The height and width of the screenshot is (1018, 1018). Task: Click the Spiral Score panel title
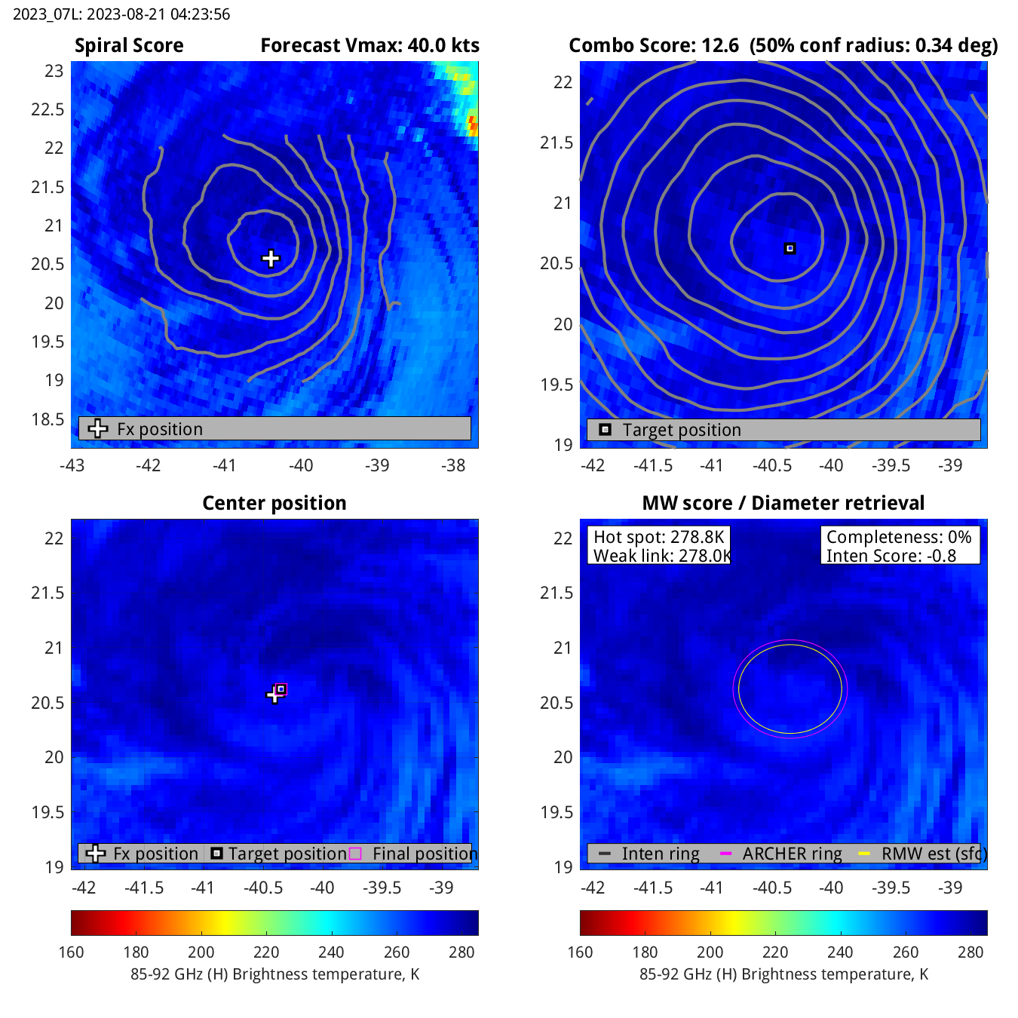coord(129,46)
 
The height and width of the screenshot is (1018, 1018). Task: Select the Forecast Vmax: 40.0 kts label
coord(369,46)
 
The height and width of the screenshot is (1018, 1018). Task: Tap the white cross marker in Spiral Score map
coord(271,259)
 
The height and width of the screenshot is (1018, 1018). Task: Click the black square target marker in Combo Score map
coord(790,248)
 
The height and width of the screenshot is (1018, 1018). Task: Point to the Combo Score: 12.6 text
coord(653,46)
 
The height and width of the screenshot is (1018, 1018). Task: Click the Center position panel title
coord(274,503)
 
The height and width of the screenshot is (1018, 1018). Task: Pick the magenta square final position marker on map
coord(281,689)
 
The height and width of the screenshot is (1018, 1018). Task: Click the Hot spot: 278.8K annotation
coord(658,537)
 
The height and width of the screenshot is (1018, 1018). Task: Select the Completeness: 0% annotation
coord(898,537)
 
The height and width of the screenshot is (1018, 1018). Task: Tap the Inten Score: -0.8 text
coord(891,556)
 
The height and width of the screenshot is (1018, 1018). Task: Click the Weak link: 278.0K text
coord(661,556)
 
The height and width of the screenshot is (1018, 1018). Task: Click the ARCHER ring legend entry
coord(792,854)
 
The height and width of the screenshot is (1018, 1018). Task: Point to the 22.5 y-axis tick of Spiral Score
coord(48,109)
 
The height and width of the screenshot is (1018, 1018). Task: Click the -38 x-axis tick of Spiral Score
coord(453,465)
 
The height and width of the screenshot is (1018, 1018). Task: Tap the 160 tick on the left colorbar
coord(71,952)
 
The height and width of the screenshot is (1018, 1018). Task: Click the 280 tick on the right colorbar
coord(971,952)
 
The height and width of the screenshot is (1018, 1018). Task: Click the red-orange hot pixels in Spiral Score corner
coord(472,123)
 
